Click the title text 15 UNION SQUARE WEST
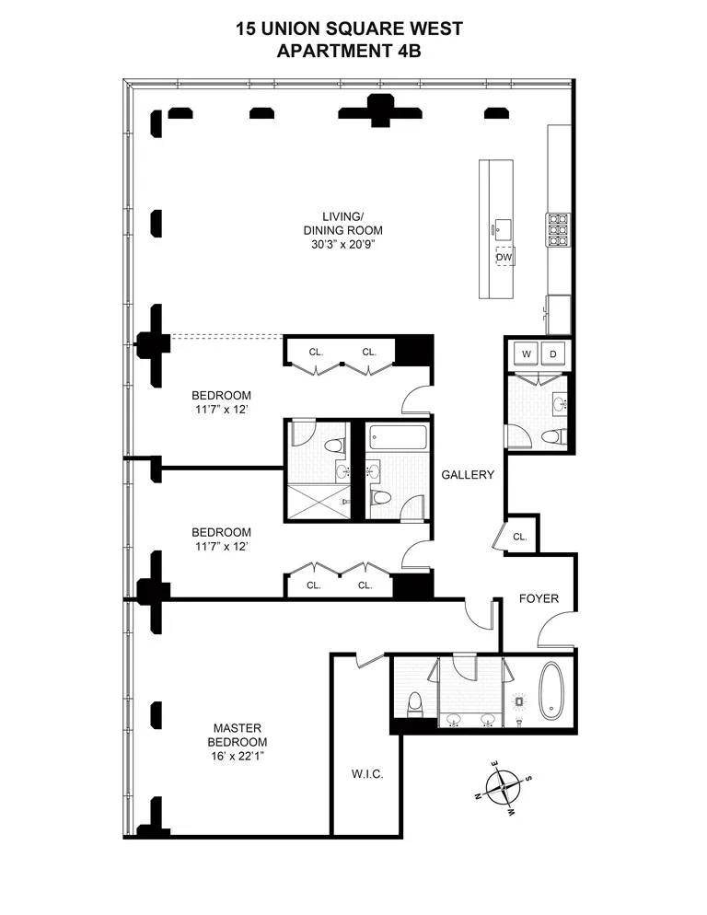click(349, 29)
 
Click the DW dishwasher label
click(504, 258)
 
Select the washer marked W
click(527, 353)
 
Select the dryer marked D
click(554, 353)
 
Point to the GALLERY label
click(468, 475)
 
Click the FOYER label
click(539, 598)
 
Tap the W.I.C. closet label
click(366, 774)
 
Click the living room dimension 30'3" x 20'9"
click(345, 244)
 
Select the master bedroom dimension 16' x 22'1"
click(237, 756)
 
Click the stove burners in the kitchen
click(558, 230)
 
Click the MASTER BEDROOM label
click(237, 735)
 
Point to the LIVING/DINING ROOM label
click(345, 223)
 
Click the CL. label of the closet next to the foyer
click(519, 537)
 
